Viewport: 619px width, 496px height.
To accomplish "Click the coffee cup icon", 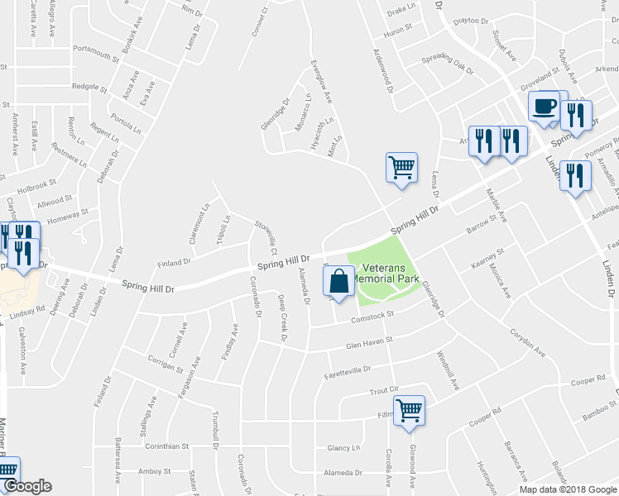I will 544,107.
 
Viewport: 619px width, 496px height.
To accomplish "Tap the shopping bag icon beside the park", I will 338,283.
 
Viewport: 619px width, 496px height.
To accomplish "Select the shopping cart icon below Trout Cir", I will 410,410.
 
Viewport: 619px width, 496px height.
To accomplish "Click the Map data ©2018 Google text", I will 568,489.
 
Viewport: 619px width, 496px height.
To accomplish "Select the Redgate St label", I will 90,86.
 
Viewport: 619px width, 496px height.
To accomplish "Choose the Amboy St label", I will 154,471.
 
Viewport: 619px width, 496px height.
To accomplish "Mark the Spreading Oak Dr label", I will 446,64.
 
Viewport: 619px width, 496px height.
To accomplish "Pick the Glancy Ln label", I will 344,448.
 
